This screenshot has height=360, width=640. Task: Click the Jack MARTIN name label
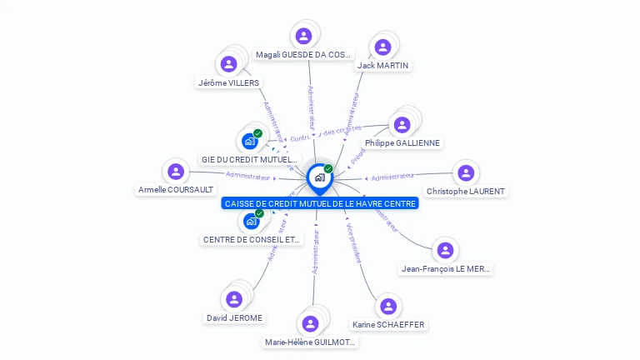383,65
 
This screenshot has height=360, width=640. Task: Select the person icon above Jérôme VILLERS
228,64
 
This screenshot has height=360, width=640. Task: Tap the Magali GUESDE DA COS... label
303,55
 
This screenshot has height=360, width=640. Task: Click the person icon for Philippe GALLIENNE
402,125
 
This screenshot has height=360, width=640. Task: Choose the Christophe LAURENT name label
466,191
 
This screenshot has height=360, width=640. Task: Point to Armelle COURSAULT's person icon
175,172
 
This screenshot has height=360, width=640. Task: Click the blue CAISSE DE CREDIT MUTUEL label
320,203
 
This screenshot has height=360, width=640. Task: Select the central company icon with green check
319,177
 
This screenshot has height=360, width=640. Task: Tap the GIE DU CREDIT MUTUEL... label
249,159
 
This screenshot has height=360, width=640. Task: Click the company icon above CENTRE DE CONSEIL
250,221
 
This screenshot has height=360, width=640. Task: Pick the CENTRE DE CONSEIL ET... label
252,239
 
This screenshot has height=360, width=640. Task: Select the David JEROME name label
235,317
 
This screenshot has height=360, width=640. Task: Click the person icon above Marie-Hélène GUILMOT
311,323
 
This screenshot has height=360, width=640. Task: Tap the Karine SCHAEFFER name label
388,324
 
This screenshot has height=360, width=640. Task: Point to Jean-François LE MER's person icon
446,250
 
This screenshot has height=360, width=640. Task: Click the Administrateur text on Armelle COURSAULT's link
248,176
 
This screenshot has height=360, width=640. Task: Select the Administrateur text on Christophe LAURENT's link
392,177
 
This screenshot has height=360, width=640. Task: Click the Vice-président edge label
353,242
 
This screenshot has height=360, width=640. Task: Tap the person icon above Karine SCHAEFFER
388,306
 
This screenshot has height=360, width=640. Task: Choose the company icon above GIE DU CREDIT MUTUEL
249,141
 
